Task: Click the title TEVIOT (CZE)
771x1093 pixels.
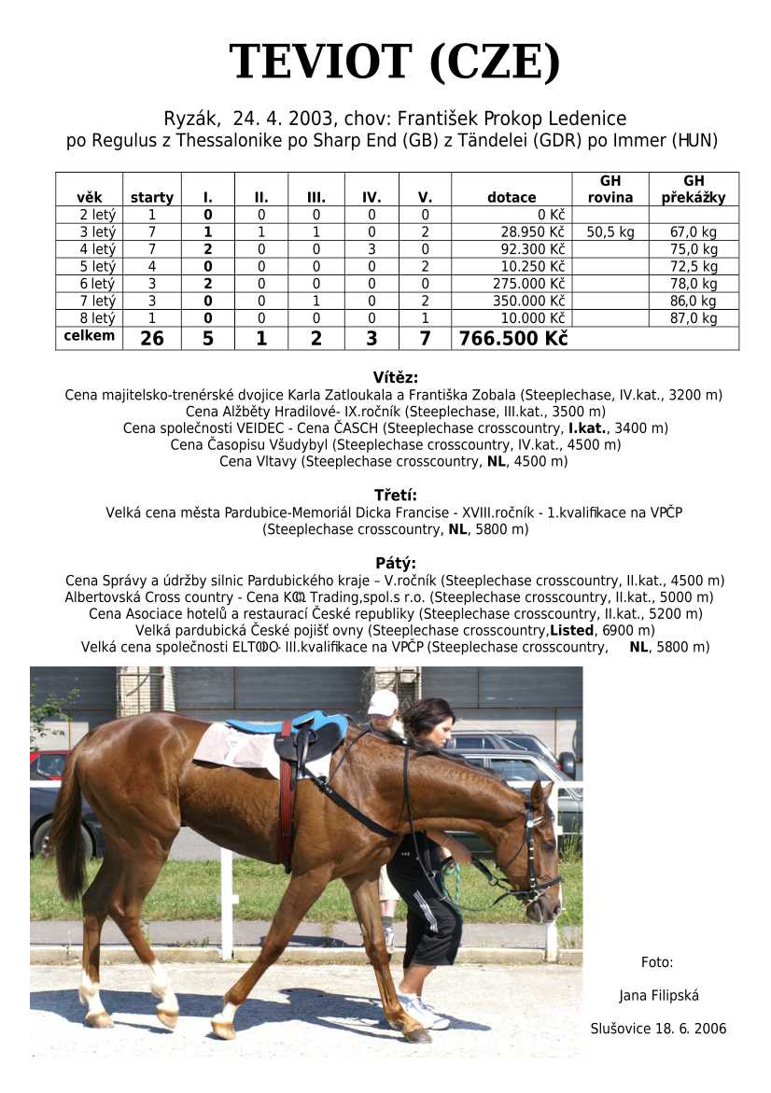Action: [394, 63]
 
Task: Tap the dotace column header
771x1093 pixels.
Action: [512, 197]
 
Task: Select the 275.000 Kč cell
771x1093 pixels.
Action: [528, 284]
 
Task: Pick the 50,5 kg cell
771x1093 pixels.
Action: [610, 231]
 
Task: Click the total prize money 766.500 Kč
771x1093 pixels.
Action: [512, 338]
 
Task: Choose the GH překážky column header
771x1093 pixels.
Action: [693, 189]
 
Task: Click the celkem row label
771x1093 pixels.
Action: [90, 335]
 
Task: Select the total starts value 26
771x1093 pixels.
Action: [151, 338]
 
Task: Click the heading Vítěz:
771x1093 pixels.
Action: [396, 378]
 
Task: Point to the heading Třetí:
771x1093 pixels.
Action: [396, 495]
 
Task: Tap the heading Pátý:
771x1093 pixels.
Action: [396, 563]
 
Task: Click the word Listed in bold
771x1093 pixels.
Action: [571, 630]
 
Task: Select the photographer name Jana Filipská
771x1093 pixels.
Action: [658, 995]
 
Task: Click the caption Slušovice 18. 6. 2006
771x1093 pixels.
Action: [658, 1029]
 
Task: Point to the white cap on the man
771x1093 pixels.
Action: [383, 702]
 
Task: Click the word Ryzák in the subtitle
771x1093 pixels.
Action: [190, 119]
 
